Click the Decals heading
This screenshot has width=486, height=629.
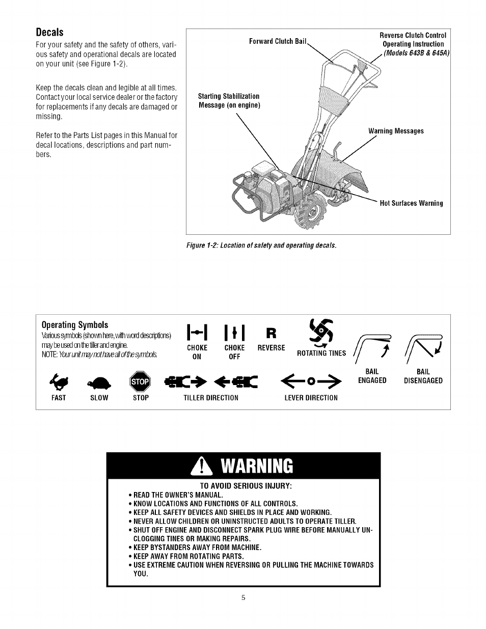click(49, 32)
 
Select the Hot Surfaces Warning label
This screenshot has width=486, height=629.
click(411, 203)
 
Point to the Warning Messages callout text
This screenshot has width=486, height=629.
click(396, 131)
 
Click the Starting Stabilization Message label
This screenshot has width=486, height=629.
click(229, 100)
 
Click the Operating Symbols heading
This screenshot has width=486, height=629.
click(75, 325)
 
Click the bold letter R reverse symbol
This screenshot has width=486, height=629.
click(271, 333)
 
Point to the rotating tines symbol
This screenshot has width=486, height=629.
click(321, 332)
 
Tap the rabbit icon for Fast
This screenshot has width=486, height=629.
click(59, 381)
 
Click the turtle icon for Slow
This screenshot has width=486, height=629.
click(99, 382)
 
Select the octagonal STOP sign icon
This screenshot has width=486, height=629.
click(141, 381)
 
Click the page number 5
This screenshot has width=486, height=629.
click(243, 597)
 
